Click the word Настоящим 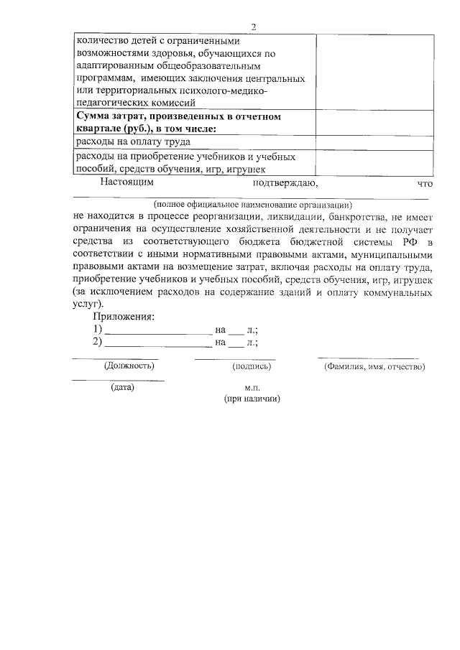127,182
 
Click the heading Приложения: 124,317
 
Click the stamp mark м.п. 251,387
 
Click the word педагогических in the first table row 112,103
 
